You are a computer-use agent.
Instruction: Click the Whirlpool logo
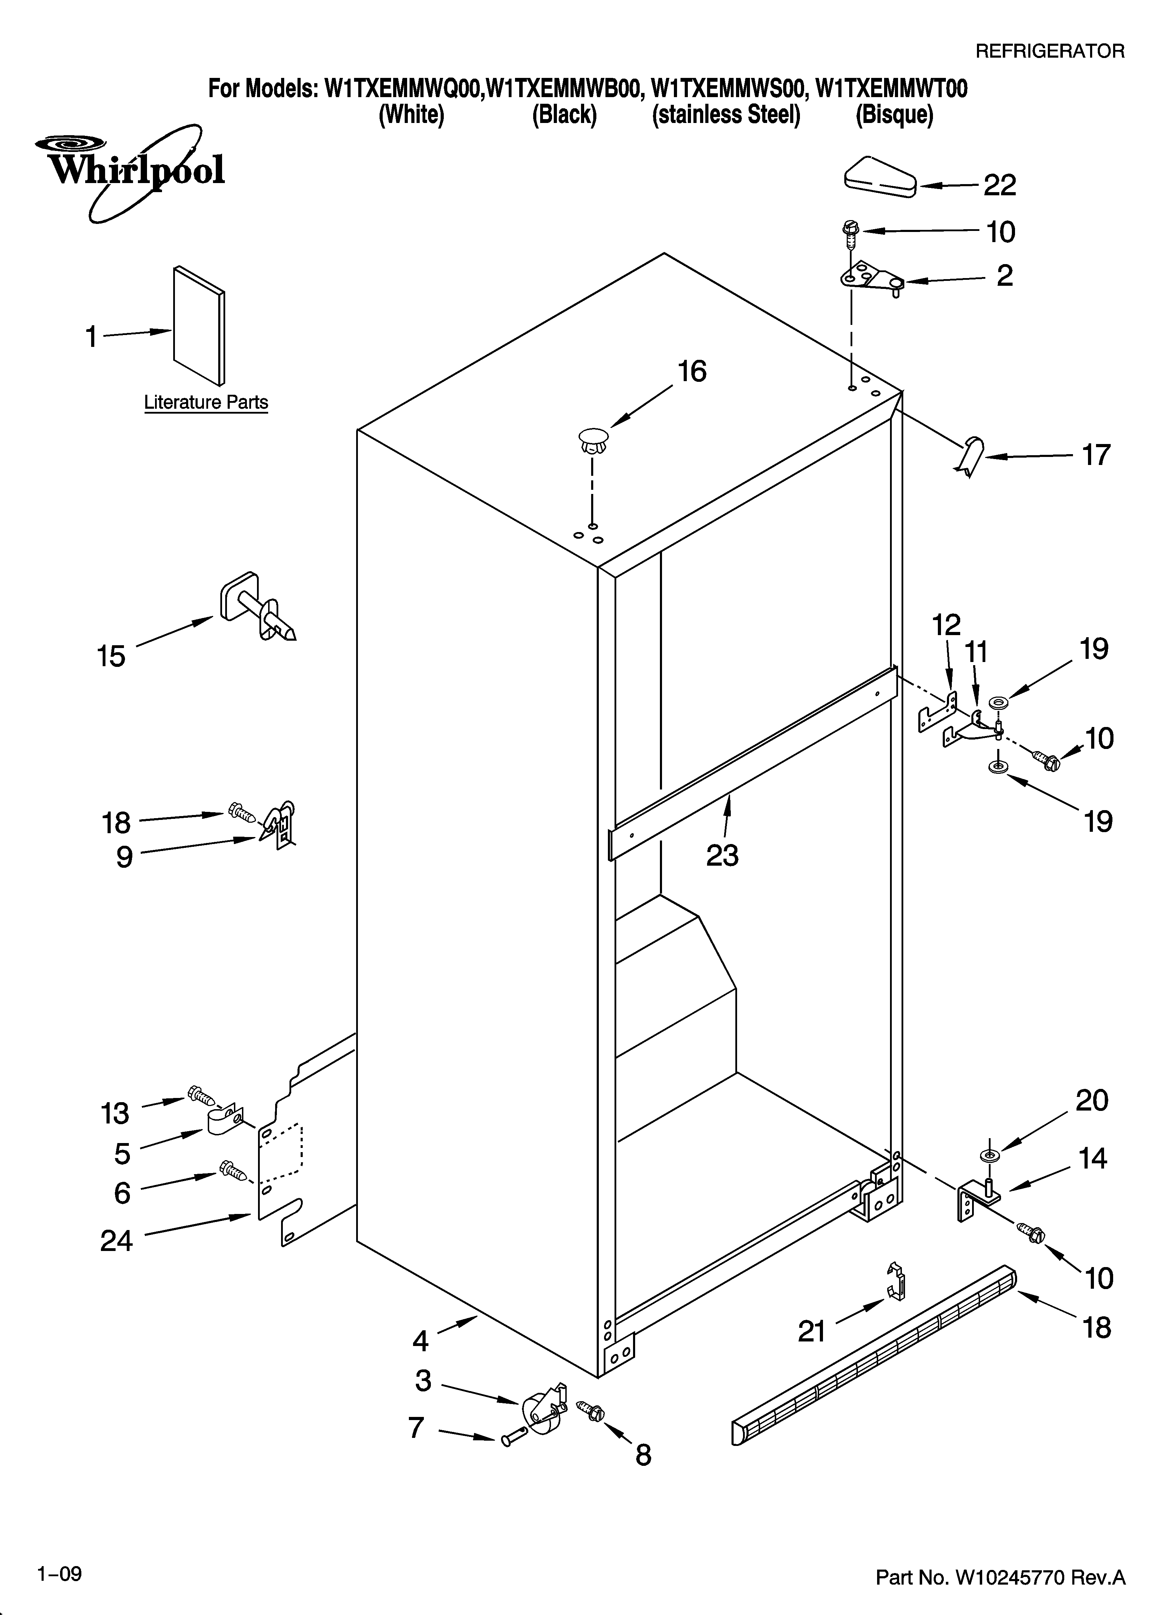coord(132,171)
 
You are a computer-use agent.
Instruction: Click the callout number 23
coord(723,855)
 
